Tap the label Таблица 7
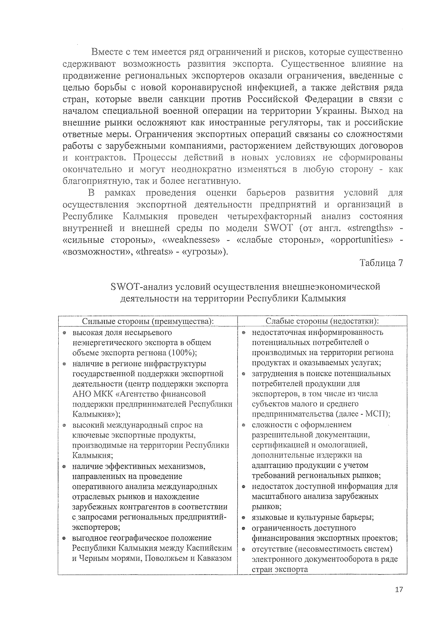click(381, 263)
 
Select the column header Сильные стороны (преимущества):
click(147, 321)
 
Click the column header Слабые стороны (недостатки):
click(322, 321)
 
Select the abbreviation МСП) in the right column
click(380, 414)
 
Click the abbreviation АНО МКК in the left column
click(92, 394)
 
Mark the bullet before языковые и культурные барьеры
click(244, 518)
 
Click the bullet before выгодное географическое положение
click(64, 538)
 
